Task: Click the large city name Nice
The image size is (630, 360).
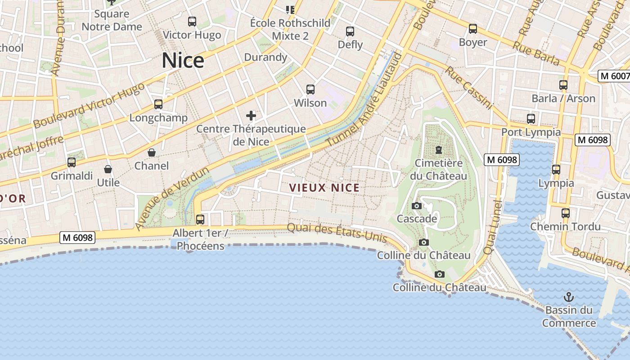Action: [183, 61]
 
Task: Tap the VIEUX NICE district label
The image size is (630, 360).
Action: [324, 188]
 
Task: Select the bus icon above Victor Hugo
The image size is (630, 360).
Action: [192, 21]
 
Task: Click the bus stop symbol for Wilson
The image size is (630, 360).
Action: [310, 89]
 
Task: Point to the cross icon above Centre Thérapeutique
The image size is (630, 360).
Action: [251, 116]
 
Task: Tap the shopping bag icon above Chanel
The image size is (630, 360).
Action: [152, 153]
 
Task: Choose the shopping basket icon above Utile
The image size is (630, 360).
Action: [108, 169]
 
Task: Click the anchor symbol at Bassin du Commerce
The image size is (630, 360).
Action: [569, 297]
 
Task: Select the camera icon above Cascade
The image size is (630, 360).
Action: [417, 206]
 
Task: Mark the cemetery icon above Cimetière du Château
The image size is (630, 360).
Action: [439, 149]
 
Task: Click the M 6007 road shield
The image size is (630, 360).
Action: [614, 76]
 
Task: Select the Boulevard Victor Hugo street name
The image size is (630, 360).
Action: [89, 105]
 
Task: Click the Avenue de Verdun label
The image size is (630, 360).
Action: [172, 198]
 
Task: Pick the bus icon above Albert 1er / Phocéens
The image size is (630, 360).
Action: [200, 219]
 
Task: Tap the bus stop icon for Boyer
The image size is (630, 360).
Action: [472, 29]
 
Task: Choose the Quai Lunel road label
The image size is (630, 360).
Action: [492, 227]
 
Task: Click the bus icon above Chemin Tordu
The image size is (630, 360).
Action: [565, 213]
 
